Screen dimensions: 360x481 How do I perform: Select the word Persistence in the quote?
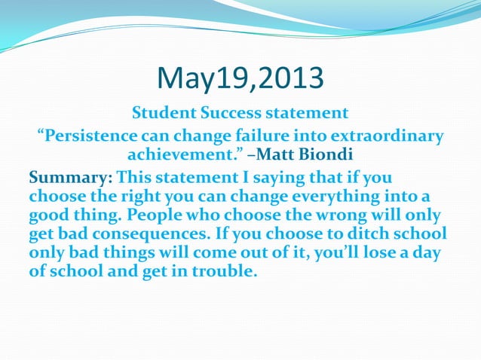pos(87,137)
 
